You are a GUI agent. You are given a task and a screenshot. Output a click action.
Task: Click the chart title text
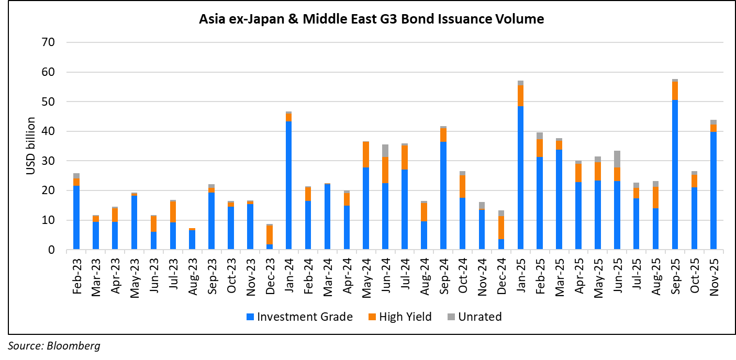tap(371, 20)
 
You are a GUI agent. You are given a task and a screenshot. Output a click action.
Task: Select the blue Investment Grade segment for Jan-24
tap(288, 186)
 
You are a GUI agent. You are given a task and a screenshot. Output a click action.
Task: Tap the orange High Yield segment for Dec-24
tap(501, 228)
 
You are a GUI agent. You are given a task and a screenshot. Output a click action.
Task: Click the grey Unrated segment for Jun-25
tap(617, 159)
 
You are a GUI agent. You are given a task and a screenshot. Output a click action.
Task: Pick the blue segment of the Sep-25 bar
tap(675, 175)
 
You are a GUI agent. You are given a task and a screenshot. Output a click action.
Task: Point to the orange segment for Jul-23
tap(173, 212)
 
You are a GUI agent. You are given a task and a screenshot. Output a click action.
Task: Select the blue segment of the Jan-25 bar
tap(520, 178)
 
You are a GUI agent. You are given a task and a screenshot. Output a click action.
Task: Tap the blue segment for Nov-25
tap(713, 190)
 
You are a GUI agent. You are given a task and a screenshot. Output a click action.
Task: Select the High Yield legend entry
tap(400, 317)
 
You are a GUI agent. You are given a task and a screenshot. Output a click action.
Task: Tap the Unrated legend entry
tap(474, 317)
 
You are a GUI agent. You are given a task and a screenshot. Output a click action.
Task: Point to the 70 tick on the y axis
tap(48, 42)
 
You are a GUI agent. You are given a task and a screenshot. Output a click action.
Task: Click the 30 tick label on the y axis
tap(48, 161)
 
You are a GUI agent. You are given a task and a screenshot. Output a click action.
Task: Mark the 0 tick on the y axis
tap(51, 250)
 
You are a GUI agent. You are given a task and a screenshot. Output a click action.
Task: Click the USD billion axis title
tap(31, 146)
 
